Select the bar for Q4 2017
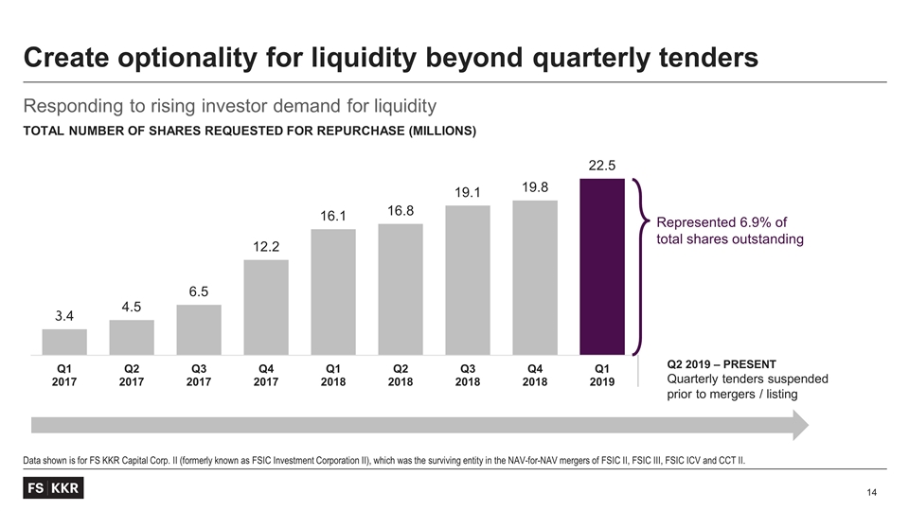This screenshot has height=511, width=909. click(266, 304)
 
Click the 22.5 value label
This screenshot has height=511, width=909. click(602, 166)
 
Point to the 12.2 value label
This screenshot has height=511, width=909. click(266, 246)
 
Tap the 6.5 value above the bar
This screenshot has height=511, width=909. click(199, 292)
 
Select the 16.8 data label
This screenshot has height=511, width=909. click(401, 210)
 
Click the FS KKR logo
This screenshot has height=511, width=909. click(54, 488)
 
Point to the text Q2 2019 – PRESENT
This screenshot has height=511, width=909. click(722, 363)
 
